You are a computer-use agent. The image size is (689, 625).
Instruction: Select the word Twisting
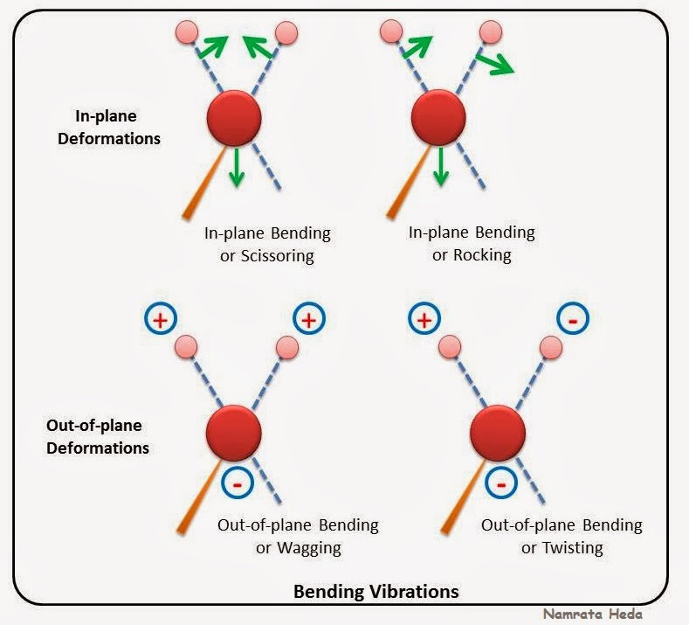570,548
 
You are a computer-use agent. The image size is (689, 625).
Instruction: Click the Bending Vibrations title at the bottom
376,592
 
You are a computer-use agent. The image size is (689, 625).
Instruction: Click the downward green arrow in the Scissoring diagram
235,166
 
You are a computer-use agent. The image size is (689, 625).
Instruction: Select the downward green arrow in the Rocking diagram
441,166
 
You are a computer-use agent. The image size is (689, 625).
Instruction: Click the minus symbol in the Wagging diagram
238,482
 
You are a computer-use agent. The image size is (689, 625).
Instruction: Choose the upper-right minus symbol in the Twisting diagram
573,321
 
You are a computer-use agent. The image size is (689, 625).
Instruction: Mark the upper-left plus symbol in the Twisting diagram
424,320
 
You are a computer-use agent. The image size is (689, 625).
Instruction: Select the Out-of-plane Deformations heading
97,436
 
